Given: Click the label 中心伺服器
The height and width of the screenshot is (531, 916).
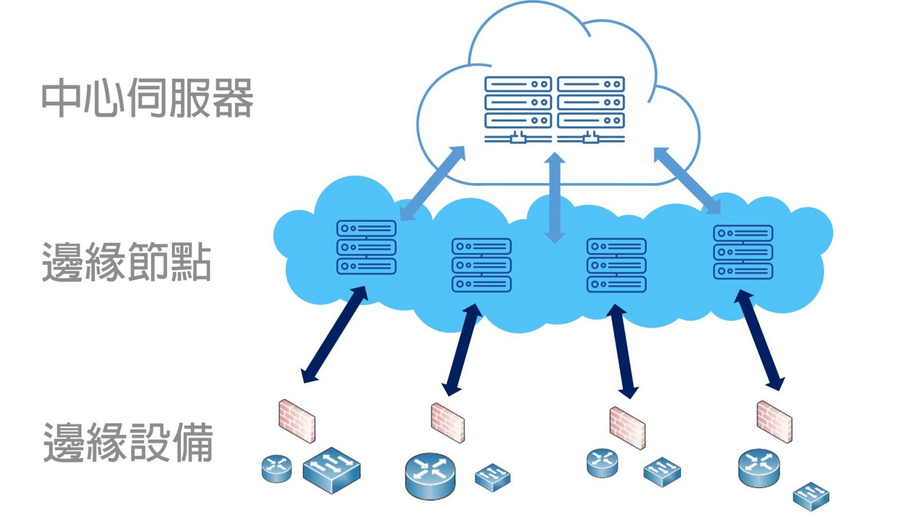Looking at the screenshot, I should pyautogui.click(x=147, y=98).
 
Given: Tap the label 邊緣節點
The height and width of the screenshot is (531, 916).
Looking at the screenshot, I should pyautogui.click(x=127, y=261).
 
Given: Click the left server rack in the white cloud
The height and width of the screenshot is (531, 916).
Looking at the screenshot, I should pyautogui.click(x=518, y=109).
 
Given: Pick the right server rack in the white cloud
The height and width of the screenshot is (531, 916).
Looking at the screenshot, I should pyautogui.click(x=591, y=109).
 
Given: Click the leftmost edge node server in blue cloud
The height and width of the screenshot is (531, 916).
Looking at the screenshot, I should pyautogui.click(x=366, y=247).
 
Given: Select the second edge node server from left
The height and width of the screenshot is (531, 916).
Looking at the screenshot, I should pyautogui.click(x=481, y=265).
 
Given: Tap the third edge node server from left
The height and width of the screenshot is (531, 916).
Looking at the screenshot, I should pyautogui.click(x=617, y=265).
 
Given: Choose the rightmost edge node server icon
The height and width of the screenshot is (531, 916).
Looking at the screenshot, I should pyautogui.click(x=743, y=252).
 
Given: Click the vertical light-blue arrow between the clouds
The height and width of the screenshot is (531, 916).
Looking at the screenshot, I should pyautogui.click(x=554, y=197).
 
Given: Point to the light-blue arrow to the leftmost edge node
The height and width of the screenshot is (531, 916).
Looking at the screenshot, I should pyautogui.click(x=432, y=183).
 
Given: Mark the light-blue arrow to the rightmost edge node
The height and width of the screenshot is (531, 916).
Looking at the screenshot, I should pyautogui.click(x=687, y=180).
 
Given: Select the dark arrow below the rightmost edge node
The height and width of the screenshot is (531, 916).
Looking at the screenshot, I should pyautogui.click(x=759, y=340).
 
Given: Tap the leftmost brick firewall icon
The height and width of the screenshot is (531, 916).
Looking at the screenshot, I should pyautogui.click(x=297, y=421).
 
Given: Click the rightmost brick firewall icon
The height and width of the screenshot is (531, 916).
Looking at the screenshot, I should pyautogui.click(x=774, y=421).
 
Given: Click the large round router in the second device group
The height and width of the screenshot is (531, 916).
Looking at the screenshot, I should pyautogui.click(x=430, y=475).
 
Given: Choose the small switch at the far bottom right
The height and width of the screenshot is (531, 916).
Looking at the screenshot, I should pyautogui.click(x=811, y=496).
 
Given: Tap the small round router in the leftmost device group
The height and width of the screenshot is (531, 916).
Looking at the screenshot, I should pyautogui.click(x=277, y=468).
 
